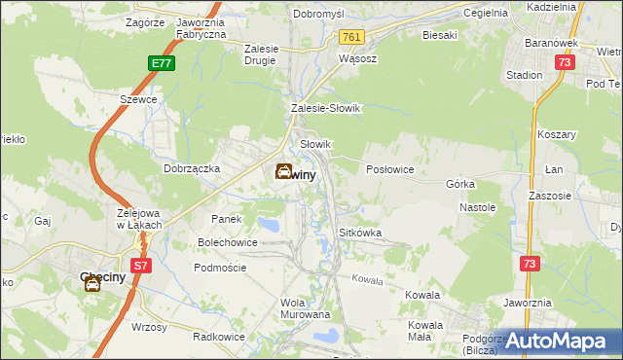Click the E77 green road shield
click(162, 63)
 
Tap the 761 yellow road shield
click(351, 37)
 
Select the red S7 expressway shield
click(141, 265)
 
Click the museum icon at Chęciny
click(92, 284)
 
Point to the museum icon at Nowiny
click(282, 172)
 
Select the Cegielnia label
click(486, 14)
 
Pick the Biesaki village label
click(440, 35)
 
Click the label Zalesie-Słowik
click(325, 109)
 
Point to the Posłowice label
click(389, 169)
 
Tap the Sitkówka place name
click(359, 234)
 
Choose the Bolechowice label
click(228, 242)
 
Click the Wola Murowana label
click(305, 308)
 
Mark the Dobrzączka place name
click(192, 168)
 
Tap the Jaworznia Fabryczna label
click(202, 27)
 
